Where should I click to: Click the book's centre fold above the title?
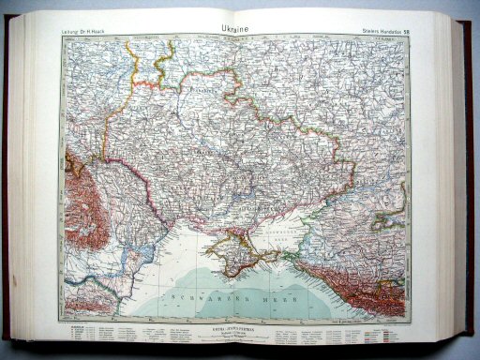tap(241, 13)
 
